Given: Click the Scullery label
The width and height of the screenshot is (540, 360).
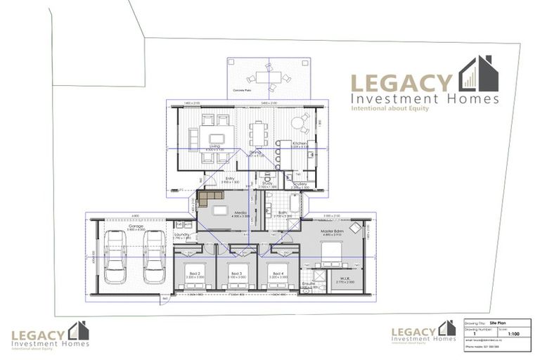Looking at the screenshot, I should [x=300, y=184].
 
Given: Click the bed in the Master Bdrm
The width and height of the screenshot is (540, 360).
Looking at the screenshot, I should [x=330, y=252].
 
